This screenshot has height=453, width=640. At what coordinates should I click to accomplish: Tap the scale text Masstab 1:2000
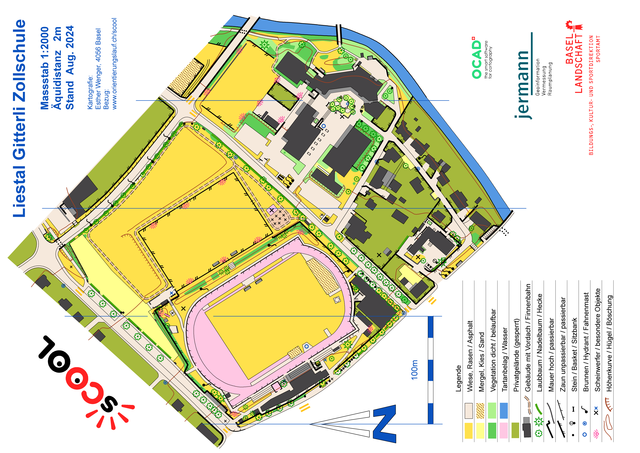(x=45, y=68)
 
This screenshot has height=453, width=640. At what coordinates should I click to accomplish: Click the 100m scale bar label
(x=415, y=370)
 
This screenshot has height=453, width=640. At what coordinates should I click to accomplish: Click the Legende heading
(x=458, y=378)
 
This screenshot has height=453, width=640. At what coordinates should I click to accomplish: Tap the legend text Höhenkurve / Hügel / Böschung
(x=609, y=343)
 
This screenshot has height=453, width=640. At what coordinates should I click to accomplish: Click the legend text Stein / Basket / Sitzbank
(x=575, y=355)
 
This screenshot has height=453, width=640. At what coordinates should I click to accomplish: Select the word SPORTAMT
(x=598, y=49)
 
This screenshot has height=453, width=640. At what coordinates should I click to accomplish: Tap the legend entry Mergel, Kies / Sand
(x=481, y=362)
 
